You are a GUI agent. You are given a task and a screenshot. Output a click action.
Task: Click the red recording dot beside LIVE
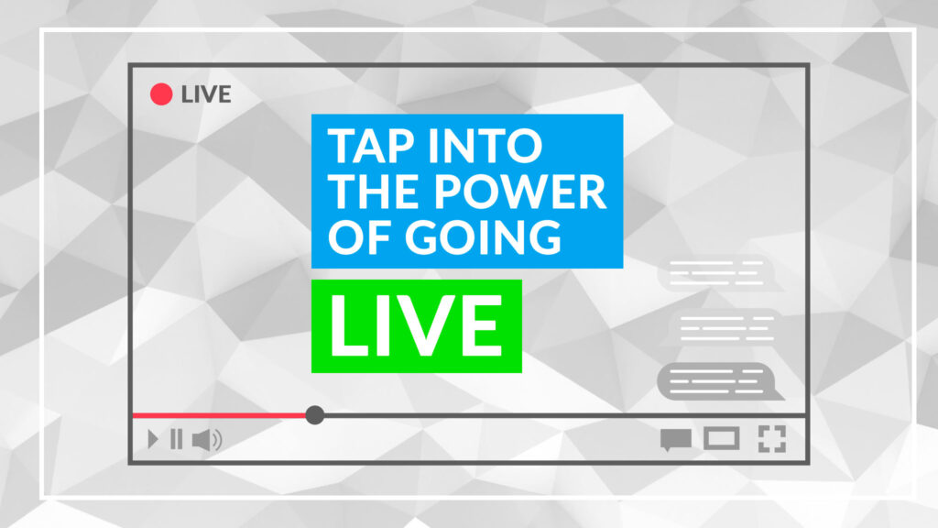pos(161,94)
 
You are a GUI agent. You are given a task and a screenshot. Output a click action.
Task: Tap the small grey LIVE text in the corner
pos(206,94)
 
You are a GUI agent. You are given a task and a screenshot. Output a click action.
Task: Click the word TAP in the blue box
pos(371,146)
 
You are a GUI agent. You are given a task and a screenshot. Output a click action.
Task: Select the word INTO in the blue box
pos(485,146)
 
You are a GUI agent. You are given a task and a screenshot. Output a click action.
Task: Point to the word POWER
pos(520,192)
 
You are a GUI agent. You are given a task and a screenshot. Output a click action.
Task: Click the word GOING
pos(483,237)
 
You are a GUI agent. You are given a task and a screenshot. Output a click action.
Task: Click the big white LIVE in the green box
pos(417,326)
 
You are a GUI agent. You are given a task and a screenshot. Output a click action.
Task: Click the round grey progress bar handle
pos(315,415)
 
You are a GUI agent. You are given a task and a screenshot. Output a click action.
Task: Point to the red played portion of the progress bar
pos(219,415)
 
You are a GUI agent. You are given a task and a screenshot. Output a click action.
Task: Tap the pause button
pos(177,439)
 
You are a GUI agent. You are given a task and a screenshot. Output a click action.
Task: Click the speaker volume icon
pos(207,440)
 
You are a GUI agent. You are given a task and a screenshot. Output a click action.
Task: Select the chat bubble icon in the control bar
pos(676,439)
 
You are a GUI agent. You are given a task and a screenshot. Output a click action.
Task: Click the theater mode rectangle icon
pos(722,439)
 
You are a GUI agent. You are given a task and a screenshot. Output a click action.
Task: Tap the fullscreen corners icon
pos(772,439)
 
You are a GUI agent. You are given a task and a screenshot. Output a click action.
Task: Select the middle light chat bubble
pos(724,327)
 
